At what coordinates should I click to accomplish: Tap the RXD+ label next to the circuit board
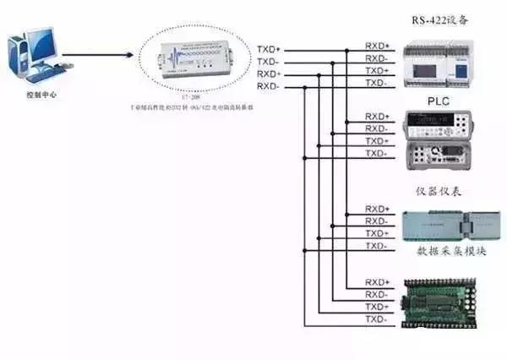[x=377, y=281]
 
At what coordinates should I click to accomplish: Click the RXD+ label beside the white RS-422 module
[x=377, y=45]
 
